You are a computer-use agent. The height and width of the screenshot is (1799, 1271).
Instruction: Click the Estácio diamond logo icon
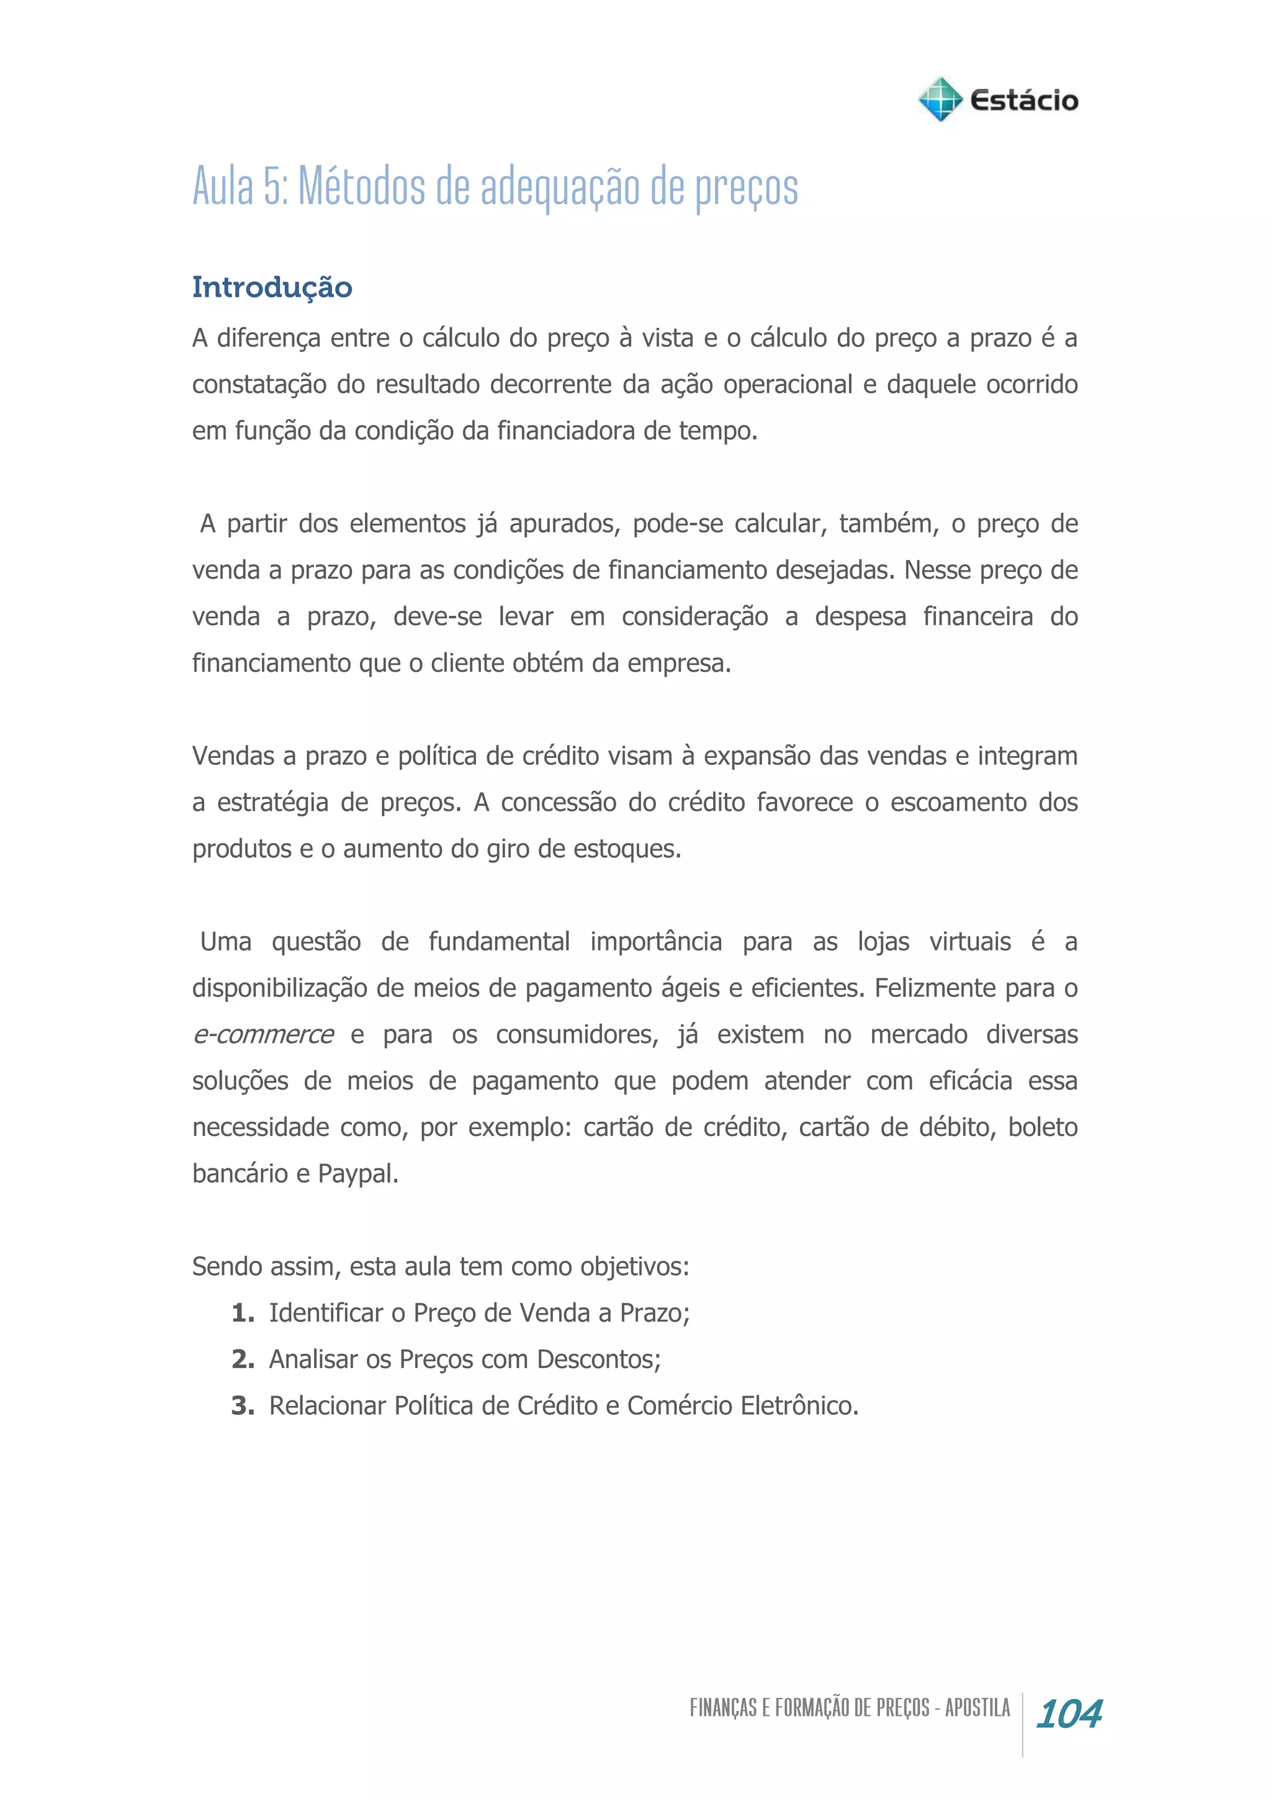click(939, 99)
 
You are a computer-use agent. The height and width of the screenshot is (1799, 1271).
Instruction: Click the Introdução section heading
click(272, 287)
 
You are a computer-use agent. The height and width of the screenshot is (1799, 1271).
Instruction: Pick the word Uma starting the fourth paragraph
click(225, 941)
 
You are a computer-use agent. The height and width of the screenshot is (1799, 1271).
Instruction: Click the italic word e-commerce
click(263, 1034)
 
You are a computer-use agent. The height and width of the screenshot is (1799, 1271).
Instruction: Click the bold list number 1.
click(242, 1313)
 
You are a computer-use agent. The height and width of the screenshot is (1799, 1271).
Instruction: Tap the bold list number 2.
click(242, 1359)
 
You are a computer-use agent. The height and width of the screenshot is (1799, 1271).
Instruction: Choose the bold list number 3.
click(242, 1405)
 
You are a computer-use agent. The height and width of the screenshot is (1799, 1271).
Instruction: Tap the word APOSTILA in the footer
click(977, 1708)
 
